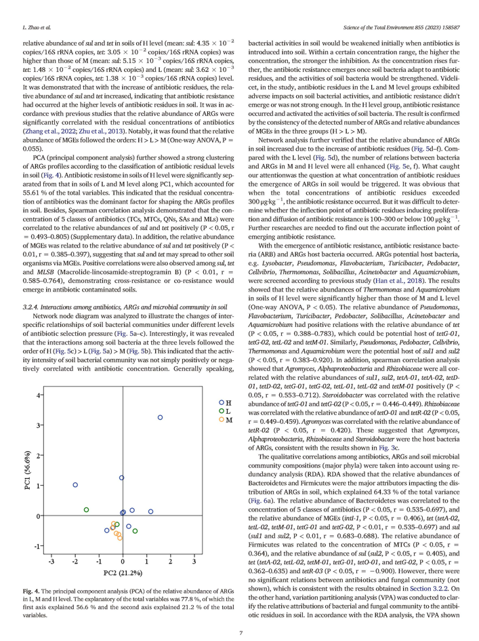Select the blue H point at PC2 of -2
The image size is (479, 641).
click(75, 485)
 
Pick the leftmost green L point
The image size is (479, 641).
click(86, 509)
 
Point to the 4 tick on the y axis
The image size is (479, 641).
click(40, 395)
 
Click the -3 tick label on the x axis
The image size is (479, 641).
click(51, 562)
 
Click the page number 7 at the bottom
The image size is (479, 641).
click(239, 632)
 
